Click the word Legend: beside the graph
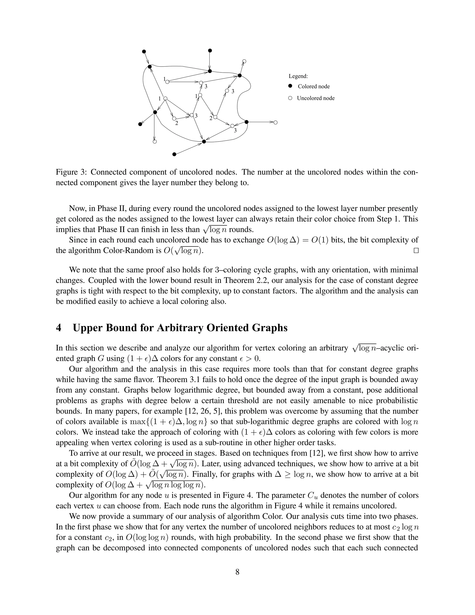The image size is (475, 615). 298,76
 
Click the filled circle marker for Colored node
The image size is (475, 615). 290,86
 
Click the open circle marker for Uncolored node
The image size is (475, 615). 290,98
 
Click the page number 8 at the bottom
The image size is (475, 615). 237,572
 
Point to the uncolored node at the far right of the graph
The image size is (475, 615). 276,122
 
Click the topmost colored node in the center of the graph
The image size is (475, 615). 210,51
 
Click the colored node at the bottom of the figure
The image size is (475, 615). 174,154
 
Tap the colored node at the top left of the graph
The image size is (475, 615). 144,52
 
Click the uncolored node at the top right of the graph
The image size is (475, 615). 244,61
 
